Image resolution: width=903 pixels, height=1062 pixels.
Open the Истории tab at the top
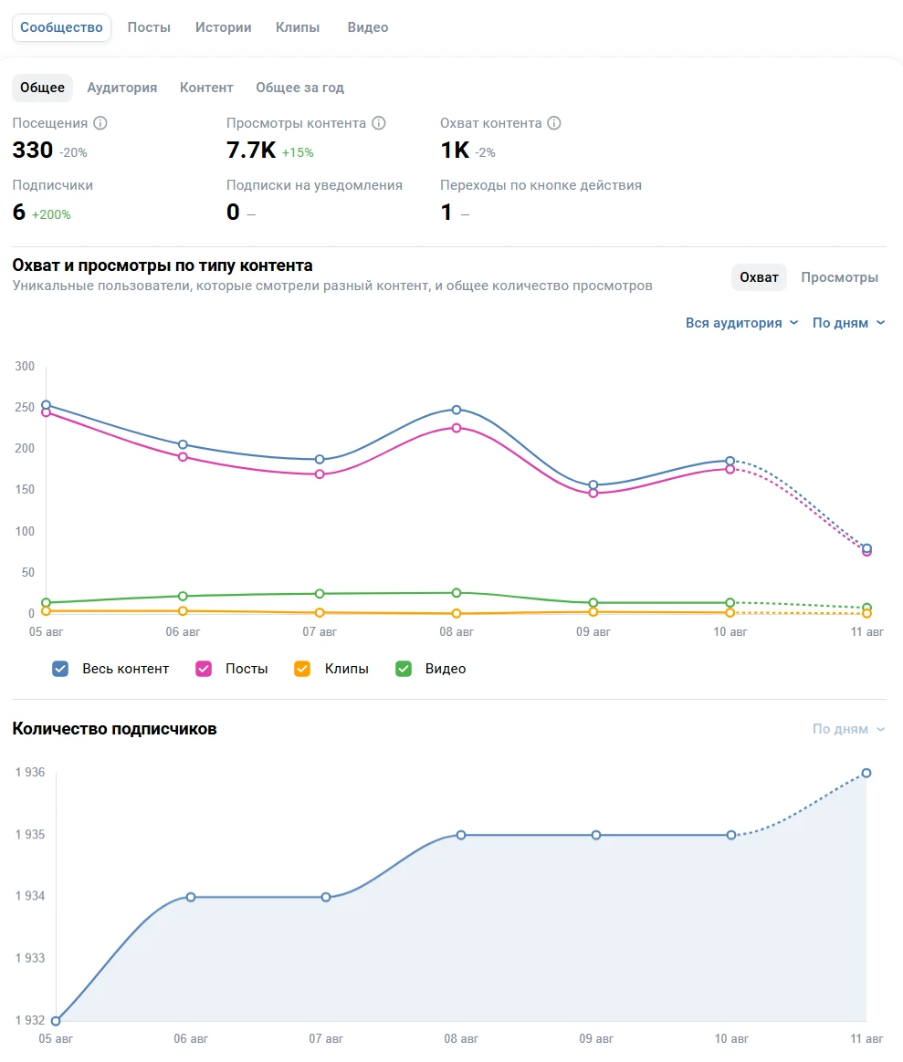[223, 27]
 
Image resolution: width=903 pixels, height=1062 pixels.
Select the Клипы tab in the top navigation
[298, 27]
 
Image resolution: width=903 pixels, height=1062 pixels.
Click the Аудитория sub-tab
[122, 88]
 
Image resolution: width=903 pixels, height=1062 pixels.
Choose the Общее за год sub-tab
[299, 88]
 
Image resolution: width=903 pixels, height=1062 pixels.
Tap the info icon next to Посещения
[100, 123]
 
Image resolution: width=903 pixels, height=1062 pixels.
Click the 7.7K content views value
[250, 151]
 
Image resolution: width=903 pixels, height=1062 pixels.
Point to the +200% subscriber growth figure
[51, 214]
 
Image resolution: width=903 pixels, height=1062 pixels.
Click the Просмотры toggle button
[839, 277]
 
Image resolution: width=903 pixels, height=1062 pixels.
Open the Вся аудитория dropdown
[741, 323]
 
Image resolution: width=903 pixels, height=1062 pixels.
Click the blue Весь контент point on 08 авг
[457, 410]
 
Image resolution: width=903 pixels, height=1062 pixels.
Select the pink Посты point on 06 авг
[183, 457]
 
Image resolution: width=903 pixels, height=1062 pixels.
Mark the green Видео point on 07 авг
[320, 594]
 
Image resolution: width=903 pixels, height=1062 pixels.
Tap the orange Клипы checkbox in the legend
[302, 669]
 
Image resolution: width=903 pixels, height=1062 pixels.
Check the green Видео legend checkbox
[403, 669]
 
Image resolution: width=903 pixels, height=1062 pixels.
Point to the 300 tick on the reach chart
[25, 367]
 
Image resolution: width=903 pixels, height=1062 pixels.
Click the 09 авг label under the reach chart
[593, 631]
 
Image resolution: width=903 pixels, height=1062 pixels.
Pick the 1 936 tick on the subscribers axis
[30, 773]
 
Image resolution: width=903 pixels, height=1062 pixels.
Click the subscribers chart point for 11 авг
[866, 773]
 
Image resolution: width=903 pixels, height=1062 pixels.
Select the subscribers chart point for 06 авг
[191, 897]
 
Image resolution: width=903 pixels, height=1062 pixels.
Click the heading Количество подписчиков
[114, 729]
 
